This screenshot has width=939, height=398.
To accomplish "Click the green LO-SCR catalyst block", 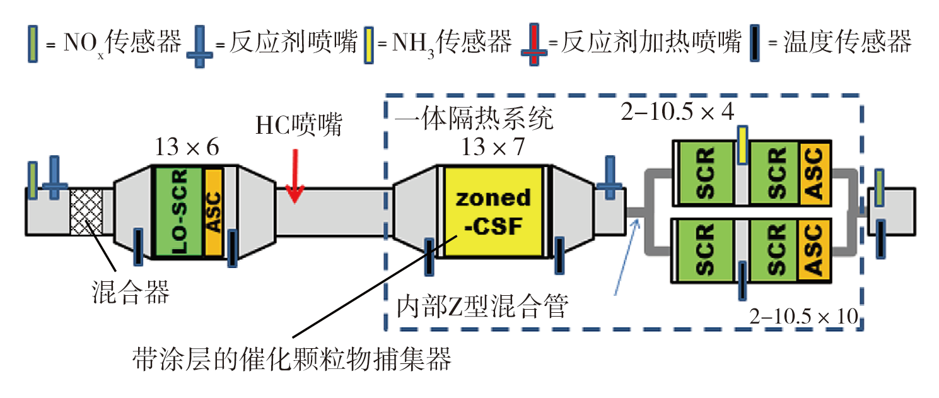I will (178, 212).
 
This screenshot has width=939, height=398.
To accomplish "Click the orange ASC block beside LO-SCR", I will (214, 212).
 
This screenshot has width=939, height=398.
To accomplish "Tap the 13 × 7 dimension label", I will (493, 148).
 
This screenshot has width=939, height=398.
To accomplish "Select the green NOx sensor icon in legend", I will (33, 44).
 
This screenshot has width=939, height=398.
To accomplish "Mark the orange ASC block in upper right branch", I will (815, 173).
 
